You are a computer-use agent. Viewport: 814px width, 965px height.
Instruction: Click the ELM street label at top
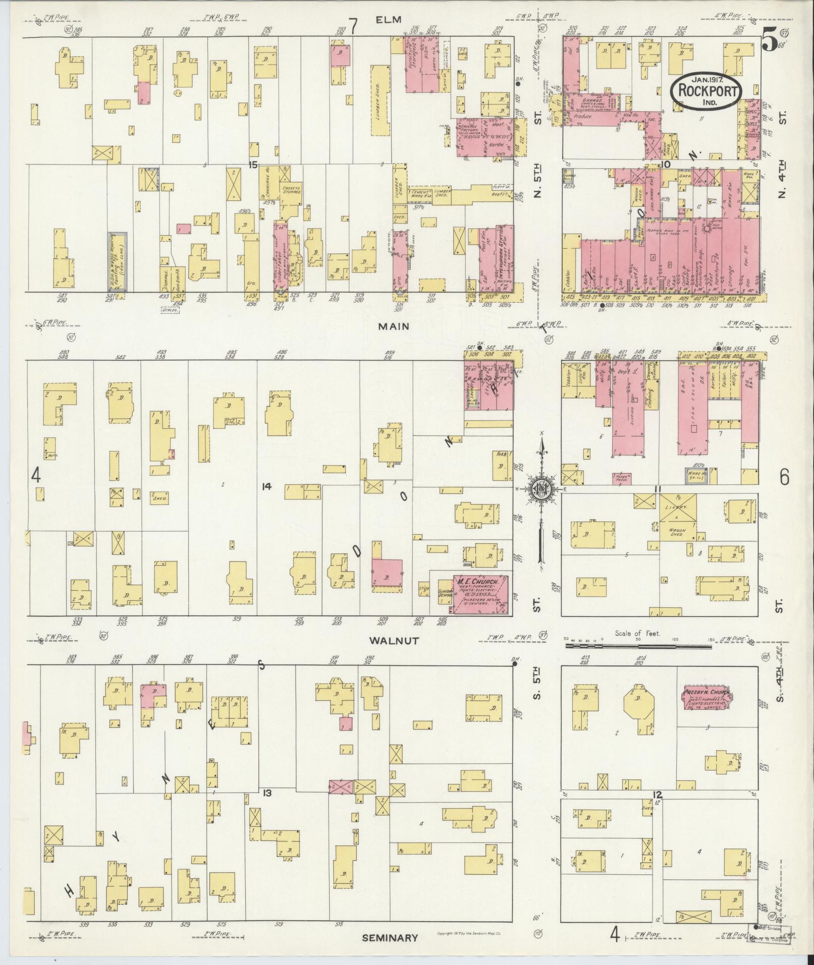click(388, 20)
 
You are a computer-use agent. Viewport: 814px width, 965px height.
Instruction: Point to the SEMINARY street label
click(390, 937)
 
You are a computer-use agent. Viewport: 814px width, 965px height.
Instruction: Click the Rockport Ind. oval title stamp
click(707, 91)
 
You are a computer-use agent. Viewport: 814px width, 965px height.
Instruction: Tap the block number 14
click(266, 486)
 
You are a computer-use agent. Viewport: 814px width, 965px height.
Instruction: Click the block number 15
click(253, 164)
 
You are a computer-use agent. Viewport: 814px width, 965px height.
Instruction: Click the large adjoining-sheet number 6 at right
click(784, 477)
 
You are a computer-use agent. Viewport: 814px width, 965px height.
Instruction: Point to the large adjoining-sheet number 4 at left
click(35, 475)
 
